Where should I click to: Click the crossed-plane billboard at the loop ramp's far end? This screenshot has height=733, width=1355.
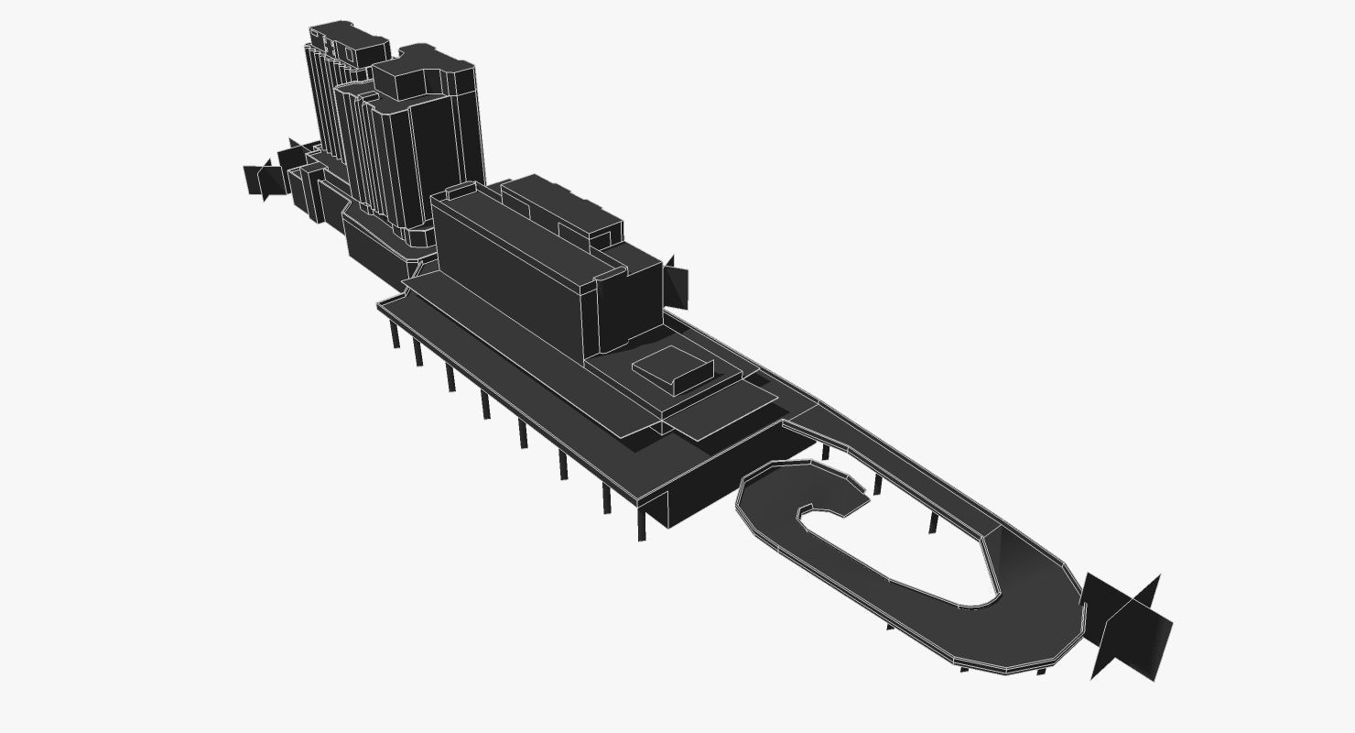pos(1128,628)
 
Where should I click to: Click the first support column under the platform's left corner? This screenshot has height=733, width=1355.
pos(395,334)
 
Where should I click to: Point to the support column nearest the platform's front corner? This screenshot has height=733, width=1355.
pos(641,526)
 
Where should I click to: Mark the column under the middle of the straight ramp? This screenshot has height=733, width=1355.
pos(933,522)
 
